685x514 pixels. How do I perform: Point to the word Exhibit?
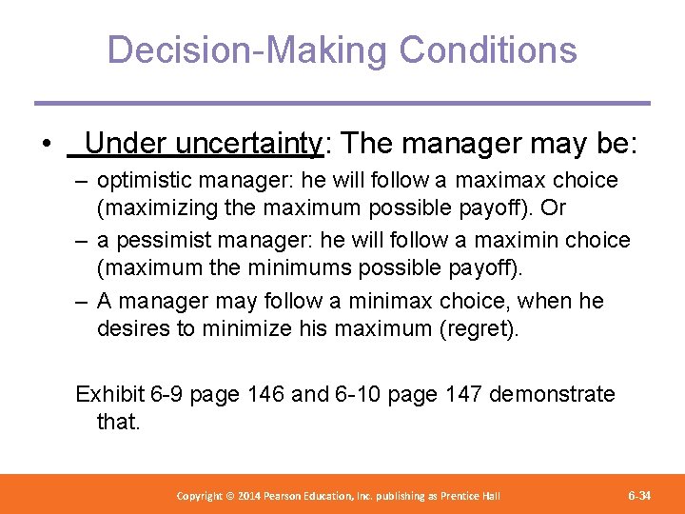click(110, 394)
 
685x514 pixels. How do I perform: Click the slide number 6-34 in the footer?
click(639, 496)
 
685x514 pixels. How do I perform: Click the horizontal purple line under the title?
click(342, 103)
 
